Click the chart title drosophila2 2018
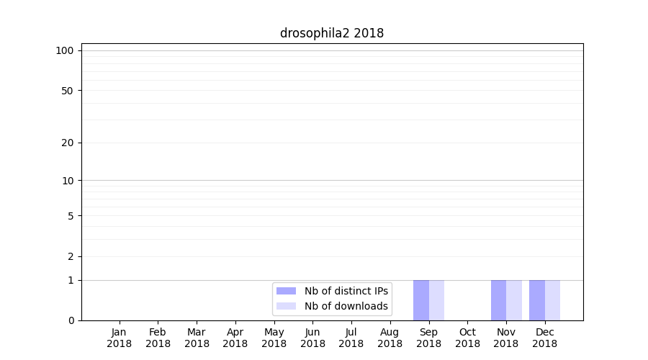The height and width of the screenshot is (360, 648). pyautogui.click(x=332, y=33)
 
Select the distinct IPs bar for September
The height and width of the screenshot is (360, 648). pyautogui.click(x=421, y=300)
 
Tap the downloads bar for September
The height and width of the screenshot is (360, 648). pyautogui.click(x=436, y=300)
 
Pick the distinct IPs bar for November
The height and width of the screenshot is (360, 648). pyautogui.click(x=498, y=300)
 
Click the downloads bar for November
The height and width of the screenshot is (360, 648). pyautogui.click(x=514, y=300)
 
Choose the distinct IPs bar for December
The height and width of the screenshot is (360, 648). pyautogui.click(x=537, y=300)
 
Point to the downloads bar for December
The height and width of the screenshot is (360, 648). pyautogui.click(x=552, y=300)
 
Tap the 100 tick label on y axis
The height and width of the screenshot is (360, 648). pyautogui.click(x=65, y=50)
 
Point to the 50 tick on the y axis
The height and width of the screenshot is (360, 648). pyautogui.click(x=68, y=91)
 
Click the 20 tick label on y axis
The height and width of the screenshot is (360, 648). pyautogui.click(x=68, y=143)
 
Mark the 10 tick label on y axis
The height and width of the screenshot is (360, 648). pyautogui.click(x=68, y=181)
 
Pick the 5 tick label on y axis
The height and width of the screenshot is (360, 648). pyautogui.click(x=71, y=216)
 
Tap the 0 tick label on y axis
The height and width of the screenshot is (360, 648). pyautogui.click(x=71, y=320)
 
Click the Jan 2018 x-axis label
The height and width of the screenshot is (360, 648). pyautogui.click(x=120, y=338)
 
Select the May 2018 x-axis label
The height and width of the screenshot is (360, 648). pyautogui.click(x=274, y=338)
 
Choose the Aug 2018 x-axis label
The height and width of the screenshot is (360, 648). pyautogui.click(x=390, y=338)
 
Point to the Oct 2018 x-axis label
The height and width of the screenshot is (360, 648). pyautogui.click(x=467, y=338)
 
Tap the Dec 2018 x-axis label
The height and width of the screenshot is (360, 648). pyautogui.click(x=545, y=338)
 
